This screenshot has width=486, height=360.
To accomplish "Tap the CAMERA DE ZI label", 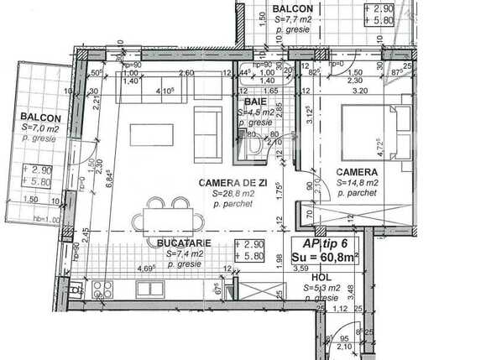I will pyautogui.click(x=229, y=182).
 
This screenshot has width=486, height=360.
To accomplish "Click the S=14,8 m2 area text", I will pyautogui.click(x=358, y=181).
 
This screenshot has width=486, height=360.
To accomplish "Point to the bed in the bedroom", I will pyautogui.click(x=378, y=135).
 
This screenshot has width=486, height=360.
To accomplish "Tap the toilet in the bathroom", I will pyautogui.click(x=256, y=149).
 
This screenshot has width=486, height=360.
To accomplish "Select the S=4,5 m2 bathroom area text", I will pyautogui.click(x=256, y=111).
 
